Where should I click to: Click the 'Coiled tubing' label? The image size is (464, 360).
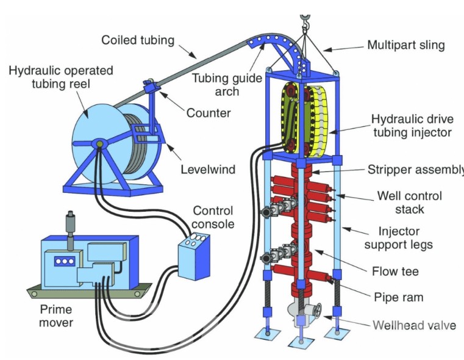pos(138,40)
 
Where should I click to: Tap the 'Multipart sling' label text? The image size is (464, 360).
pos(406,45)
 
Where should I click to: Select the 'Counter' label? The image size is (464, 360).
pos(209,113)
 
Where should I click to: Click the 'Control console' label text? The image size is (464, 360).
pos(213,217)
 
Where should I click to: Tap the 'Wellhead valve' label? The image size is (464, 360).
pos(414,325)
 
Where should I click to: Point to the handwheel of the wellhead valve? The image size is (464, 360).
pos(316,311)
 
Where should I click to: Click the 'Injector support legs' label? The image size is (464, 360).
pos(399,238)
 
